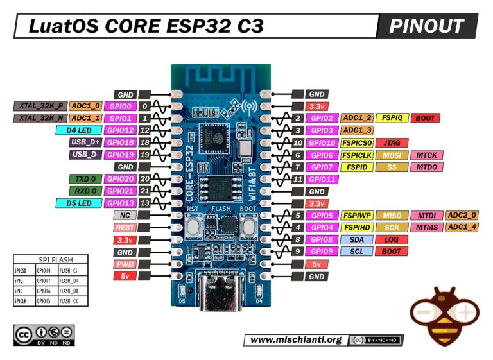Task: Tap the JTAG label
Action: coord(391,142)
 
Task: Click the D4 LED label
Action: coord(78,130)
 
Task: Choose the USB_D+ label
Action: coord(85,142)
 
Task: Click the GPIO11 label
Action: coord(322,179)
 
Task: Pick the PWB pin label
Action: coord(124,264)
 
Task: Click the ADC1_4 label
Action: coord(461,227)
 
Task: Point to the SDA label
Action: coord(356,239)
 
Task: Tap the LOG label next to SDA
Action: coord(391,239)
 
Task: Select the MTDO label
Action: coord(426,167)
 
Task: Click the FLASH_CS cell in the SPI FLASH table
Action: coord(70,270)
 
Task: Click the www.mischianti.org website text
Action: coord(295,339)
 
